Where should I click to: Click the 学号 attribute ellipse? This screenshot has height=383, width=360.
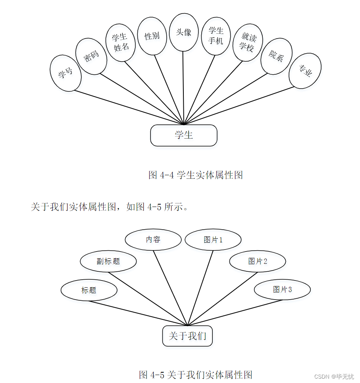pyautogui.click(x=66, y=74)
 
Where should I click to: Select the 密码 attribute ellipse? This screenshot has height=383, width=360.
pyautogui.click(x=91, y=56)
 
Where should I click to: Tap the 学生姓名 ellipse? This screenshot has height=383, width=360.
pyautogui.click(x=121, y=42)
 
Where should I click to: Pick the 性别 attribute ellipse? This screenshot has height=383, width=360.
pyautogui.click(x=152, y=36)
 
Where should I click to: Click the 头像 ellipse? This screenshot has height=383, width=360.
pyautogui.click(x=183, y=32)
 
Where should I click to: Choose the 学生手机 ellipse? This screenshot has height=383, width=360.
pyautogui.click(x=216, y=36)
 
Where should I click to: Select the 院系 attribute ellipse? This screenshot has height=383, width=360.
pyautogui.click(x=276, y=56)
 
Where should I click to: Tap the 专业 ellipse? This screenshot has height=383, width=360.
pyautogui.click(x=305, y=71)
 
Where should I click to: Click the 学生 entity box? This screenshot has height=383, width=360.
pyautogui.click(x=184, y=135)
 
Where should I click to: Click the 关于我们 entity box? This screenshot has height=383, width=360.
pyautogui.click(x=187, y=336)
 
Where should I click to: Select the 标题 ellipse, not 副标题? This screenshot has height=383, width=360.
pyautogui.click(x=89, y=290)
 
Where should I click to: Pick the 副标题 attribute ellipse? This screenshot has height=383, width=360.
pyautogui.click(x=108, y=261)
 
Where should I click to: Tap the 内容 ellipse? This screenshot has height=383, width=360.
pyautogui.click(x=153, y=240)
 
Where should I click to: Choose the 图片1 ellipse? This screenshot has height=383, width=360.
pyautogui.click(x=213, y=240)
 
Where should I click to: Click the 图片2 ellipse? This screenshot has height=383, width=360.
pyautogui.click(x=258, y=261)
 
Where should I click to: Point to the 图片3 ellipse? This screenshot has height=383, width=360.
pyautogui.click(x=282, y=290)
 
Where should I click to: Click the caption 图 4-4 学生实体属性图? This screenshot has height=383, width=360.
pyautogui.click(x=195, y=175)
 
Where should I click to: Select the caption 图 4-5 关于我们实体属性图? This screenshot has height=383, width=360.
pyautogui.click(x=196, y=374)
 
